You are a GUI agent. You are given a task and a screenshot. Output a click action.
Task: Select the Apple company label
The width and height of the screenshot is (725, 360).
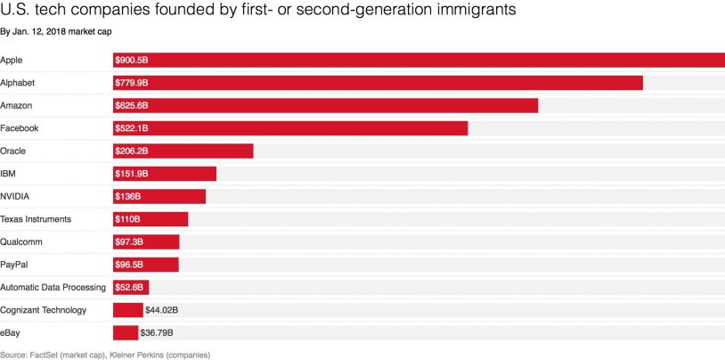12,60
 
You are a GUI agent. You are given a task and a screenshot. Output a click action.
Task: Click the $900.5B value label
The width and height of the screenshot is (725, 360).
131,61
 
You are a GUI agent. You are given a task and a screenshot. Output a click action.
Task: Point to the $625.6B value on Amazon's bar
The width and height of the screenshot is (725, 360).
131,106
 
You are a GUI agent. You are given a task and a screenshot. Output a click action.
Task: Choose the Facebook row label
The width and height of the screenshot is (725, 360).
20,128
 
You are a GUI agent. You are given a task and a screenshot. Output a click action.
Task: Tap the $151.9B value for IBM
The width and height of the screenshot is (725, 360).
131,174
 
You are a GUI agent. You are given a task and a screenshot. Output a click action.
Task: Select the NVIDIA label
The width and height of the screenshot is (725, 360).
16,196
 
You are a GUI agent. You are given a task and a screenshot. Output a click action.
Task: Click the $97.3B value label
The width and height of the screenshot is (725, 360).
129,242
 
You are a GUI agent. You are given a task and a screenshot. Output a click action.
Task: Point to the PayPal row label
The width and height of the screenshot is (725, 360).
14,265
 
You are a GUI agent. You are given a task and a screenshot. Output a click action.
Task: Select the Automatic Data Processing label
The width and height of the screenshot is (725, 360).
53,287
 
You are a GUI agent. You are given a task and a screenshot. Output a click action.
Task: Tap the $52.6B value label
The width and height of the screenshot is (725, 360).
129,288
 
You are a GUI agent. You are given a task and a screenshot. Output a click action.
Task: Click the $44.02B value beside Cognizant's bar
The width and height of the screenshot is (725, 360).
161,310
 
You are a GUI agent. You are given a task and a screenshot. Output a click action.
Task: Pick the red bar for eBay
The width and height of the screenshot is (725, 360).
126,333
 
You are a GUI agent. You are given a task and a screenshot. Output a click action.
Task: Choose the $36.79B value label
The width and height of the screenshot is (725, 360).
157,333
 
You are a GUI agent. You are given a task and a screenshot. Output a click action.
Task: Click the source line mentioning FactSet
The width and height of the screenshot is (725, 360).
105,355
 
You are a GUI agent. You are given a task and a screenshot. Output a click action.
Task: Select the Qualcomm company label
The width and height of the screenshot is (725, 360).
21,241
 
